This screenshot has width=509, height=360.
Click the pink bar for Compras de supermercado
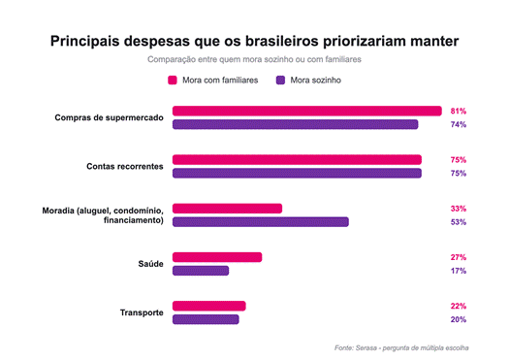[x=307, y=112]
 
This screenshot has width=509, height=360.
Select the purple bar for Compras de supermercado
[x=296, y=124]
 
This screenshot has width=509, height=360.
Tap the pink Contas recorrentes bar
[x=297, y=160]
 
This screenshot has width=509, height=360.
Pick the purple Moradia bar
[x=261, y=222]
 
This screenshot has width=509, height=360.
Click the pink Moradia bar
[x=227, y=209]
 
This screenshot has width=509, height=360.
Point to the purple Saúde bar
[x=201, y=271]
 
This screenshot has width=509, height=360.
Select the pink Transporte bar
[x=209, y=306]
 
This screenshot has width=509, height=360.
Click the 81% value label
[x=459, y=112]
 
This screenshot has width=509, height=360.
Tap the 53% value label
[x=459, y=222]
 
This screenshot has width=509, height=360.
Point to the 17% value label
[x=459, y=271]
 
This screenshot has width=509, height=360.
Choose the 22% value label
[x=459, y=306]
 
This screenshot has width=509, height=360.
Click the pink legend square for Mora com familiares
[x=173, y=81]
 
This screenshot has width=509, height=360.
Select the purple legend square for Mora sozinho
[x=280, y=81]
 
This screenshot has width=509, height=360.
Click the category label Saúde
[x=150, y=264]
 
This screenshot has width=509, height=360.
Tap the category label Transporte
[x=142, y=312]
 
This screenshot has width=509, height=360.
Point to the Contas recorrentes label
[x=125, y=166]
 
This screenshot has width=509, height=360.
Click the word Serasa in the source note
[x=366, y=348]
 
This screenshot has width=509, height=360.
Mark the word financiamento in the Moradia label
[x=134, y=220]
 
